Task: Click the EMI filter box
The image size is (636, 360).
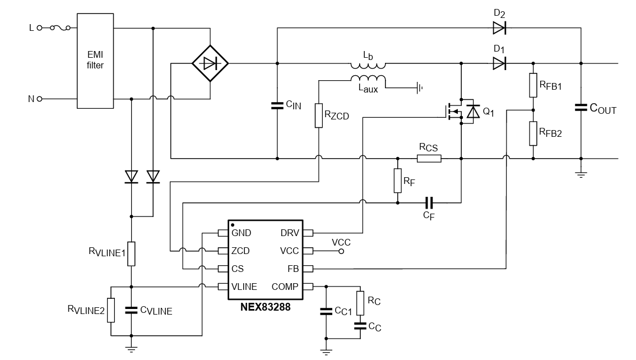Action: [x=95, y=61]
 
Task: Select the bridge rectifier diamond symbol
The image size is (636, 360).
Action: [x=210, y=63]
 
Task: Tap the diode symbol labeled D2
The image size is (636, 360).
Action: [x=499, y=27]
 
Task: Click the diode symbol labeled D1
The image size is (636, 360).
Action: [x=499, y=63]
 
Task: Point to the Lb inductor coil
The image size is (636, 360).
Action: [x=368, y=62]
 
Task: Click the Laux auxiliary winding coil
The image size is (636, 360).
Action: [x=368, y=78]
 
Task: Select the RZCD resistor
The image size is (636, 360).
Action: [x=318, y=115]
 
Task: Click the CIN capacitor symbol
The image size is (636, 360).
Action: [x=277, y=105]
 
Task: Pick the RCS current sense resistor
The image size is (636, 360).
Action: [x=429, y=158]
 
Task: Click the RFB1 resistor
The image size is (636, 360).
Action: [x=533, y=85]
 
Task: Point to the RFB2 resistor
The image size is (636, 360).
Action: [x=533, y=133]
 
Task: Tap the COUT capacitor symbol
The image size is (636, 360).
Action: [x=581, y=108]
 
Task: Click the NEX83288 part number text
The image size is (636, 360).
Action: [x=265, y=307]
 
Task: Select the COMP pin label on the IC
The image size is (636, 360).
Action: [x=285, y=287]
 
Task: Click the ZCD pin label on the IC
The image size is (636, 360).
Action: [x=240, y=251]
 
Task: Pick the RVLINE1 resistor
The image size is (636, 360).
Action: [x=131, y=253]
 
